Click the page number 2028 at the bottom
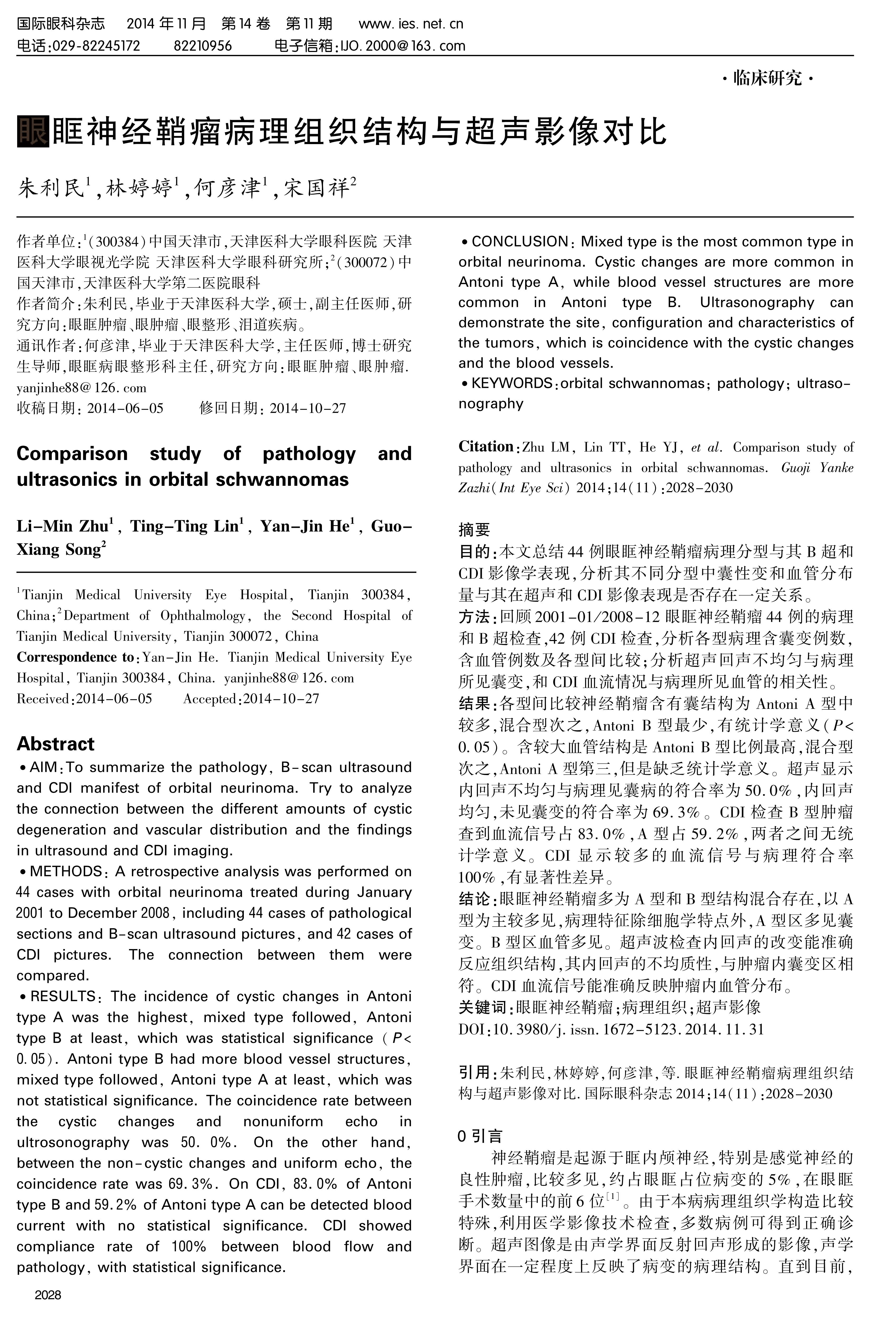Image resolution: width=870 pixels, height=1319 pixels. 48,1295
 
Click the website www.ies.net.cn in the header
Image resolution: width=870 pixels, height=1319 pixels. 411,24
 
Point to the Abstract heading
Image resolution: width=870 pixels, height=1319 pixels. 55,744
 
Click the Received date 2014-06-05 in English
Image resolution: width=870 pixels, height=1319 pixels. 114,699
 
